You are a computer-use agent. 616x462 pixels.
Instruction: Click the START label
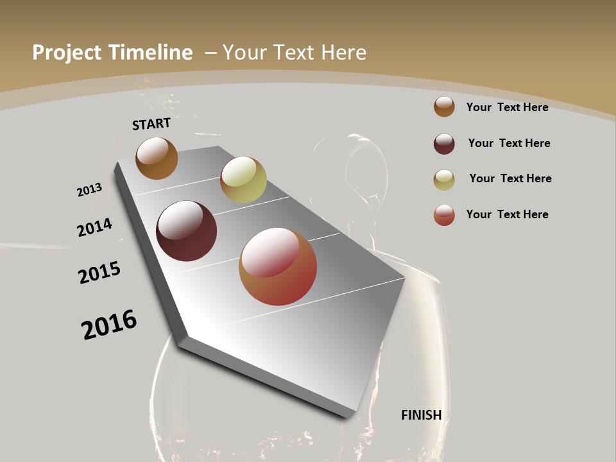click(x=151, y=124)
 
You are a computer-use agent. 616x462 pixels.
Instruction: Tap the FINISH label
click(x=422, y=415)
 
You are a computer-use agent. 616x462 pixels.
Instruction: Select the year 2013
click(x=89, y=190)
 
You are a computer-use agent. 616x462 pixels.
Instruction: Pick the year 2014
click(x=94, y=228)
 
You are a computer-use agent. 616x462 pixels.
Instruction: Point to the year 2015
click(x=99, y=273)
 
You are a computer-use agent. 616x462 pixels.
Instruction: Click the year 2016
click(x=109, y=325)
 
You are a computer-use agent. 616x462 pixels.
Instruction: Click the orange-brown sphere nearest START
click(x=157, y=158)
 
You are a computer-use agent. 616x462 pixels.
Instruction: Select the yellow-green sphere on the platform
click(x=243, y=180)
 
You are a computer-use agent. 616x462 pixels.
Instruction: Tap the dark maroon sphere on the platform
click(x=187, y=231)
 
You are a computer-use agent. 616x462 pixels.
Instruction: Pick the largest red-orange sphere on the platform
click(x=278, y=266)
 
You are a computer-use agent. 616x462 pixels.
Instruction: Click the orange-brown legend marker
click(x=444, y=107)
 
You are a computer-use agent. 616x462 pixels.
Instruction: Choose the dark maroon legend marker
click(x=444, y=144)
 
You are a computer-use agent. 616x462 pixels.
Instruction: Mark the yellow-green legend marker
click(x=444, y=180)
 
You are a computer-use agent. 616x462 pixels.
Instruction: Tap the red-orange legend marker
click(x=444, y=215)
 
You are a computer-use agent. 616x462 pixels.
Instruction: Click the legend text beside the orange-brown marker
click(x=507, y=107)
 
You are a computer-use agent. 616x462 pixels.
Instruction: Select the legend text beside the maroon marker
click(x=509, y=143)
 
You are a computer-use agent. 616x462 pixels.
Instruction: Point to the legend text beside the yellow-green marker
click(x=510, y=178)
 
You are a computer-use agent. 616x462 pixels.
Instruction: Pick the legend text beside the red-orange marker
click(x=507, y=214)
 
